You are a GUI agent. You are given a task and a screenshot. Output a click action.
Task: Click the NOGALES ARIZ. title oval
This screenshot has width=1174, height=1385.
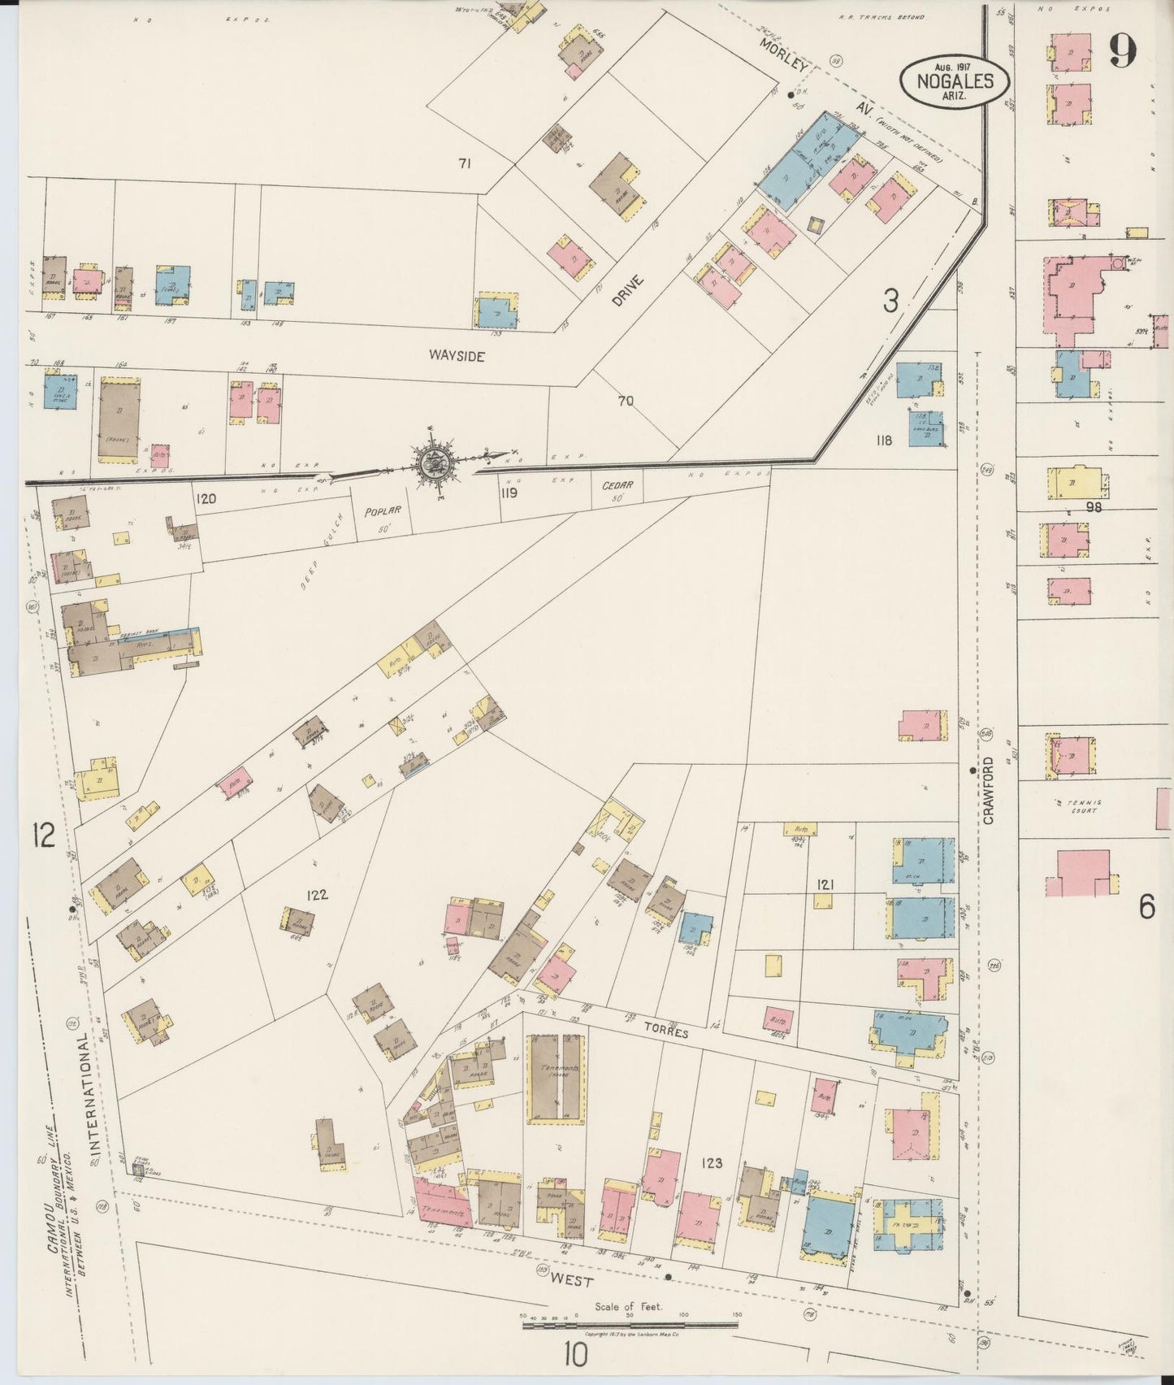point(955,80)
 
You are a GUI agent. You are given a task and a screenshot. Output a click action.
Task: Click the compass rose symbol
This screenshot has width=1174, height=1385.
point(437,464)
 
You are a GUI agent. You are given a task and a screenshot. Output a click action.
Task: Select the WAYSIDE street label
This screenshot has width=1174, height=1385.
point(455,355)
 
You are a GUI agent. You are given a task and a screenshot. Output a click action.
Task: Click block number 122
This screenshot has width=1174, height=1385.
point(316,895)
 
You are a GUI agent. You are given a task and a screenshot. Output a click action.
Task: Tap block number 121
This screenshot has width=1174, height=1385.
point(826,884)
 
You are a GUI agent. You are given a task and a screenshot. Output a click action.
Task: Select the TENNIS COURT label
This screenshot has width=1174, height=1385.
point(1083,806)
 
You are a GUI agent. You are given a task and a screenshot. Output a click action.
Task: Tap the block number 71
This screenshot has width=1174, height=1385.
point(465,164)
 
